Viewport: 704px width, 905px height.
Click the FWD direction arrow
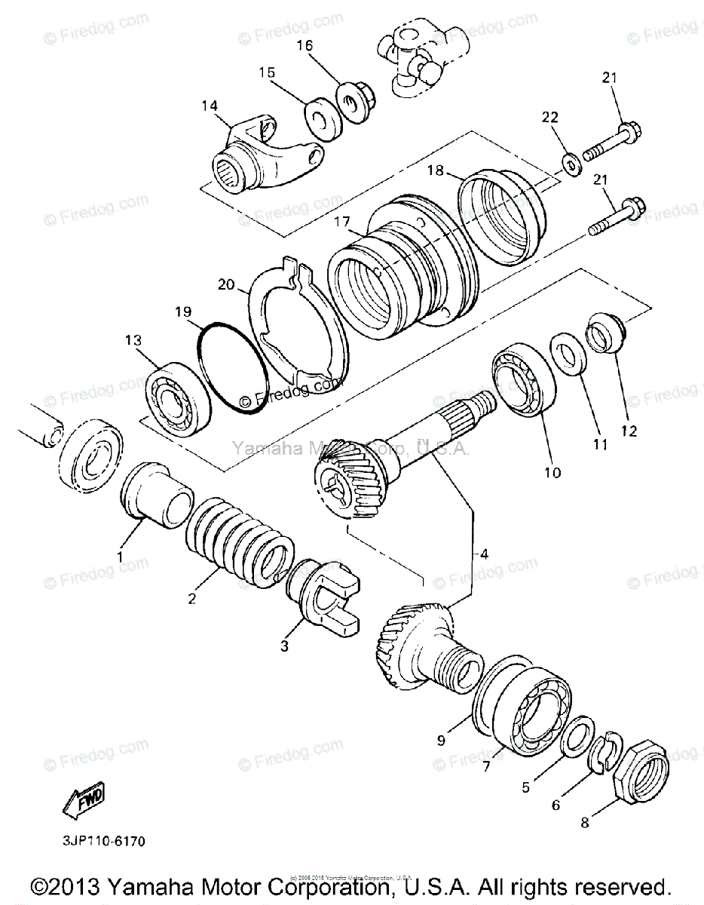pyautogui.click(x=84, y=802)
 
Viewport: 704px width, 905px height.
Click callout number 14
pyautogui.click(x=210, y=106)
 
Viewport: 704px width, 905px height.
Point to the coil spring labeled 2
pyautogui.click(x=239, y=537)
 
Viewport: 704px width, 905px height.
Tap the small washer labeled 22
pyautogui.click(x=571, y=162)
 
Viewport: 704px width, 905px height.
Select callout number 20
pyautogui.click(x=227, y=284)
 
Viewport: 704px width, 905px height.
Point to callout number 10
pyautogui.click(x=552, y=473)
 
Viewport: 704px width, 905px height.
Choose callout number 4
pyautogui.click(x=484, y=554)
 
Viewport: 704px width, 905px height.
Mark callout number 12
pyautogui.click(x=629, y=431)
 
